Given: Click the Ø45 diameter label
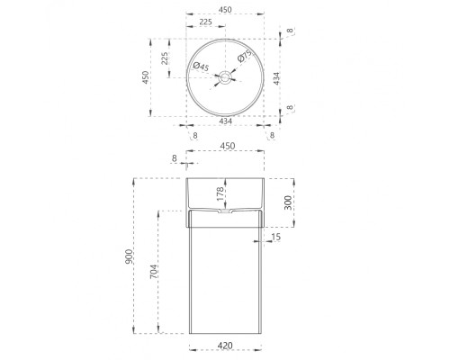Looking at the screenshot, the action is [201, 67].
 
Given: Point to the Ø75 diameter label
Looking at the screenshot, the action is [245, 56].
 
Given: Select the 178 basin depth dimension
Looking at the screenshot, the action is [220, 193].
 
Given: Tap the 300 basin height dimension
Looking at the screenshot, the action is [288, 202].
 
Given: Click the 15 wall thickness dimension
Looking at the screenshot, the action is [275, 237].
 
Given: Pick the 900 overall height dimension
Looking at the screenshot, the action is [129, 256].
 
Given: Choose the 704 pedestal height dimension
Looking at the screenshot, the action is [153, 272].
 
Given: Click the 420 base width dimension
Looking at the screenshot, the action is [225, 346].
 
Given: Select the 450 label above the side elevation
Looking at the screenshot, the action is [228, 146].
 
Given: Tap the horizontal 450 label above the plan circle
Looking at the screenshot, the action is [225, 10].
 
